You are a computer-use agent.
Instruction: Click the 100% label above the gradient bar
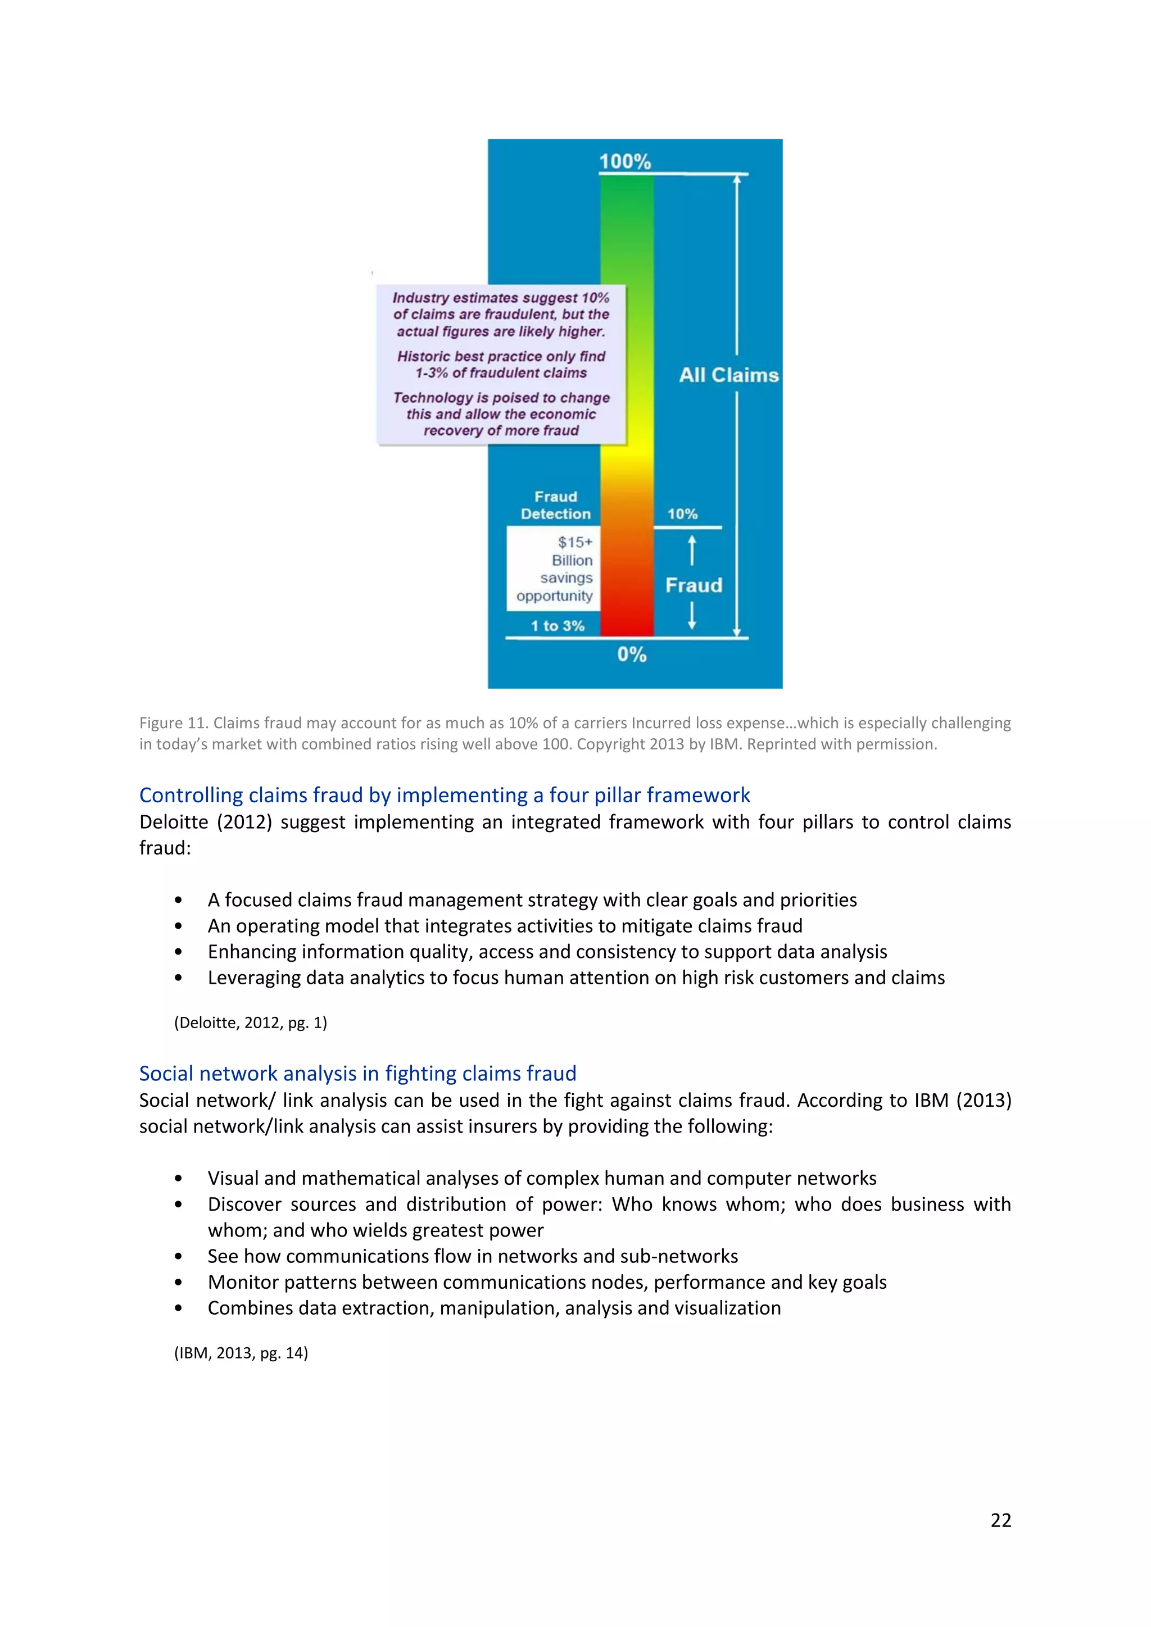pos(624,162)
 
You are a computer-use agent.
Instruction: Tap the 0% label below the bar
pos(632,654)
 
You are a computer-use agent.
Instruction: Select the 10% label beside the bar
pos(682,513)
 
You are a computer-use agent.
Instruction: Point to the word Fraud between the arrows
pos(693,585)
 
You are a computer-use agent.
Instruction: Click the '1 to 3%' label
pos(557,626)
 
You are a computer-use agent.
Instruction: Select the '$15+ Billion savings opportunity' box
pos(554,569)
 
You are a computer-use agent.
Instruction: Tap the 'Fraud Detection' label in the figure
pos(556,505)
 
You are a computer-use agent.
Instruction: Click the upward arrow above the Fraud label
pos(692,551)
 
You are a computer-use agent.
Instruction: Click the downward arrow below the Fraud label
pos(692,615)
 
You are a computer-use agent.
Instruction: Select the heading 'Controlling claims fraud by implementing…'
pos(445,795)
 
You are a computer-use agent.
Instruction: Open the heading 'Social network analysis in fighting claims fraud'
pos(357,1074)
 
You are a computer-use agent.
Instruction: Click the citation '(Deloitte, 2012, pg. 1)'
pos(250,1022)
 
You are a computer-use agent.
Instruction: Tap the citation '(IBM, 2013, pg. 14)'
pos(241,1353)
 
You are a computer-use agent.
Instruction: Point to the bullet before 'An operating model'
pos(178,926)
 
